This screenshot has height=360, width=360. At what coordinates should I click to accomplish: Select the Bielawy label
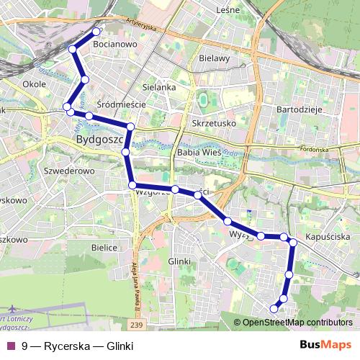pos(214,58)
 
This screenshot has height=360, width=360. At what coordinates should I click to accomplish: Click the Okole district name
pos(35,84)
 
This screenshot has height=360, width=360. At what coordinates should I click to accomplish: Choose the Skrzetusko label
pos(215,123)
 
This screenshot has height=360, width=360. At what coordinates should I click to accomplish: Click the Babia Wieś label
pos(198,153)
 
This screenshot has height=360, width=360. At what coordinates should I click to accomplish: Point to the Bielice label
pos(104,247)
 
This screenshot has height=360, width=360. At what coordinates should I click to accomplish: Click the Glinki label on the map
pos(179,261)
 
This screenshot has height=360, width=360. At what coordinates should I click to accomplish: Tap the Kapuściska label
pos(328,236)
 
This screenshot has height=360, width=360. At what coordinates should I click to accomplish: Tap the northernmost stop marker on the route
pos(96,31)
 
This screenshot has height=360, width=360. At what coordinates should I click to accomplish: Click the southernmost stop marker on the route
pos(274,309)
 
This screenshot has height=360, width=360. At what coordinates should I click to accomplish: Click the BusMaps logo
pos(325,345)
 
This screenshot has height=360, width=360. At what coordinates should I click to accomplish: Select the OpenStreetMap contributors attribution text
pos(297,323)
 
